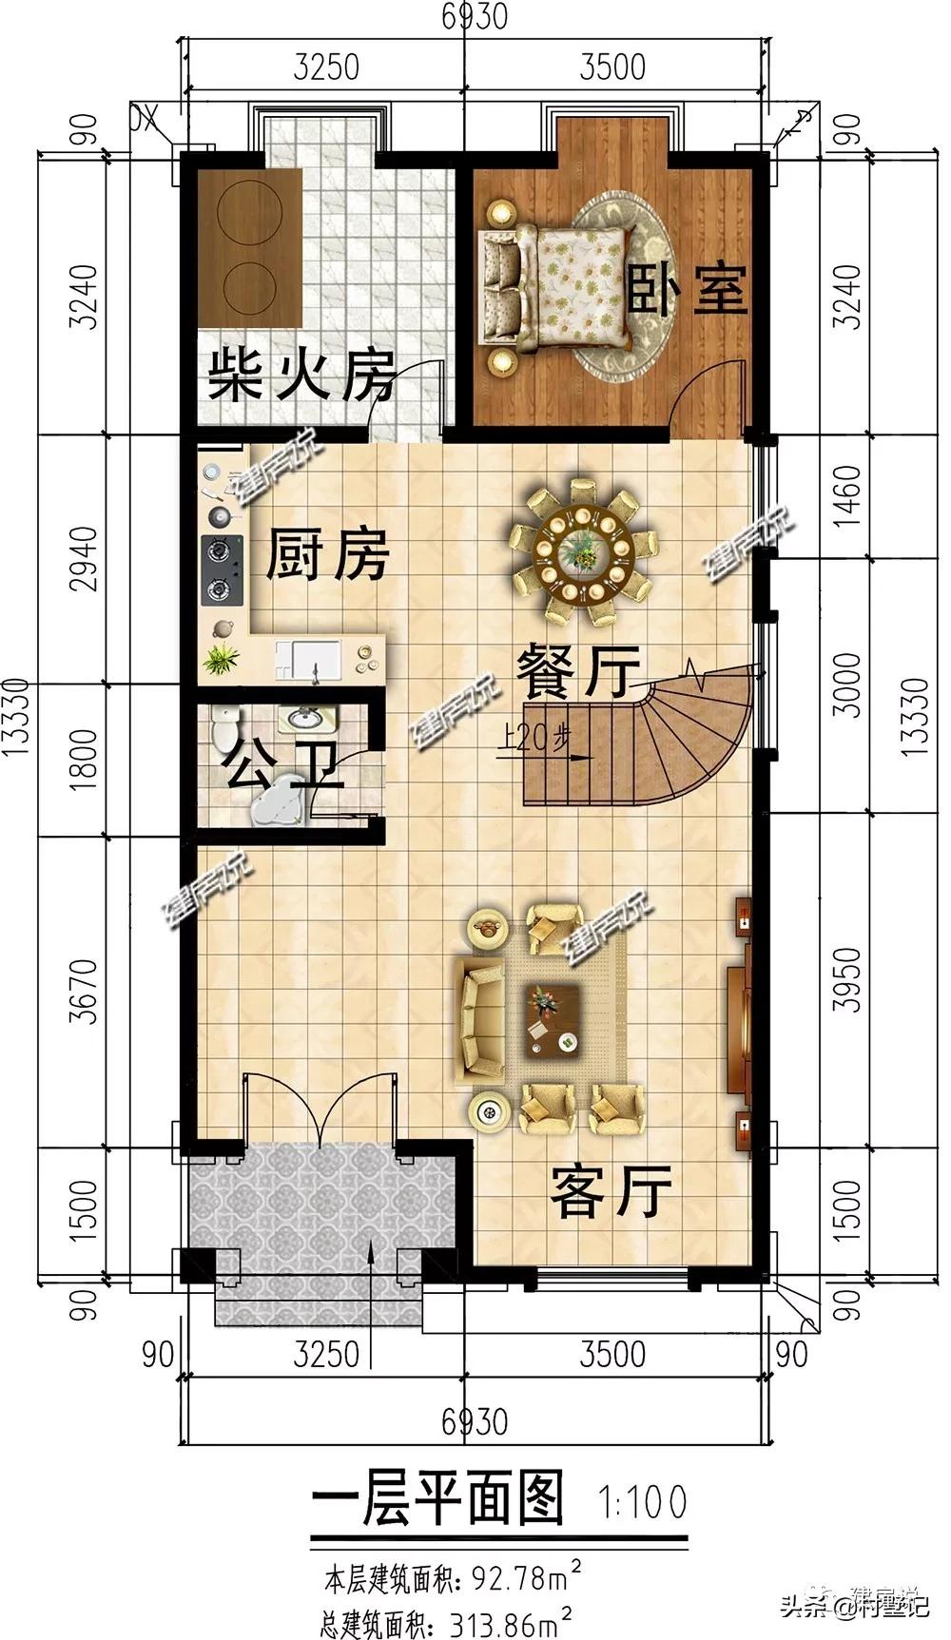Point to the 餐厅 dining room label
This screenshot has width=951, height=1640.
coord(576,672)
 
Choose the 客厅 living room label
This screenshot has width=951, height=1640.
coord(611,1190)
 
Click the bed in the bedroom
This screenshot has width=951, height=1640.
coord(556,285)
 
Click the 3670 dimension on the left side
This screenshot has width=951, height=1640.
coord(86,991)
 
